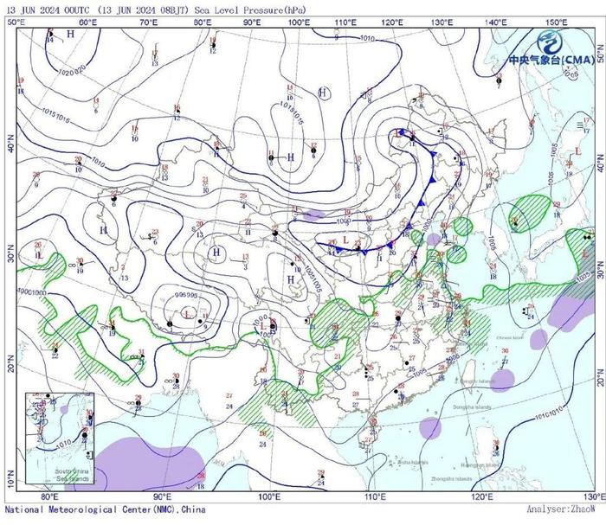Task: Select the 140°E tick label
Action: (x=496, y=22)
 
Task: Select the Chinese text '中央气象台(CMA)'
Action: (x=550, y=61)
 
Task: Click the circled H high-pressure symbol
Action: (x=323, y=92)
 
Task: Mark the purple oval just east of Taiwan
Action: (x=502, y=377)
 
